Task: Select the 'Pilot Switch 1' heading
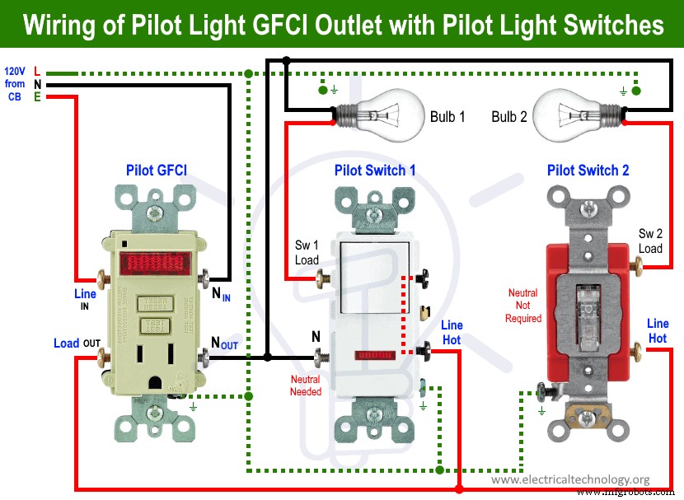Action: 375,171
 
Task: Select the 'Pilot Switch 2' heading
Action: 588,171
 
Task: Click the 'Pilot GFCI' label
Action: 156,171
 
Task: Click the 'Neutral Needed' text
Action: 305,386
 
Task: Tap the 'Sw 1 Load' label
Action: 307,253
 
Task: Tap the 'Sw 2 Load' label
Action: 649,241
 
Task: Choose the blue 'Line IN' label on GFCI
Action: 84,298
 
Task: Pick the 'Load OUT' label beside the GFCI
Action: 77,343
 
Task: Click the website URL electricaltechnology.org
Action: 570,479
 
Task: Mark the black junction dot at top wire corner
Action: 286,60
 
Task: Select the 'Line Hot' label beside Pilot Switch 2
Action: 658,331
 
